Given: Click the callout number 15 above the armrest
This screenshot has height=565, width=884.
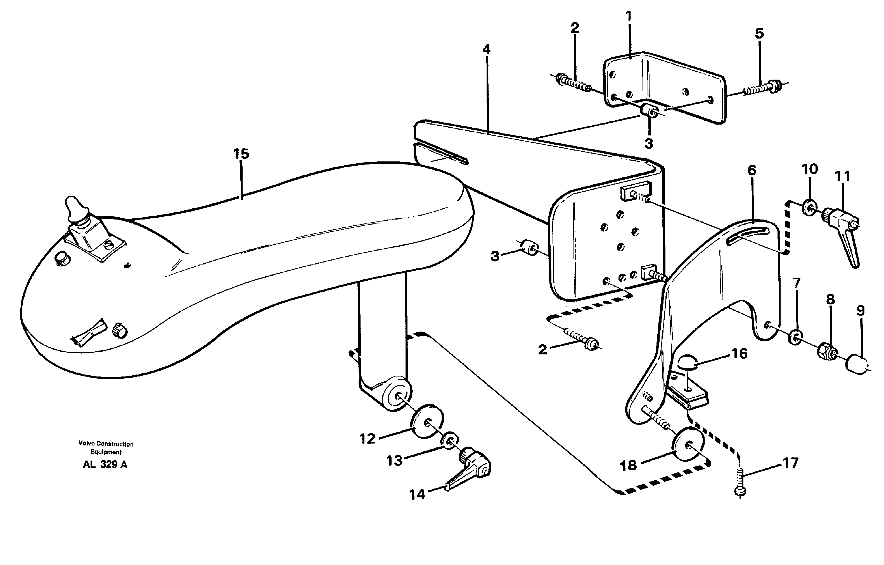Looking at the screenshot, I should pyautogui.click(x=241, y=154).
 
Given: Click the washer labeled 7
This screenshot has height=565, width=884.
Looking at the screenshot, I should pyautogui.click(x=795, y=337).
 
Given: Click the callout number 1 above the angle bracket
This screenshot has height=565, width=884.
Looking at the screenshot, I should pyautogui.click(x=629, y=16).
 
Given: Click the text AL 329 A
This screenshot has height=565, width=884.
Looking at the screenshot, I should pyautogui.click(x=105, y=464).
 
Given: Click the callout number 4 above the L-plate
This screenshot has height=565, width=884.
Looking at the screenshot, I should pyautogui.click(x=486, y=49).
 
